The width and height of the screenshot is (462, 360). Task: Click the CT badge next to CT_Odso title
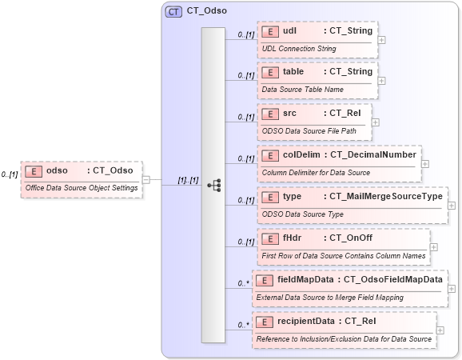[x=173, y=12]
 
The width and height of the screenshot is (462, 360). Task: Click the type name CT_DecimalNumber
[x=372, y=154]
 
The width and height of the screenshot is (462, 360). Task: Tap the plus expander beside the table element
[x=382, y=80]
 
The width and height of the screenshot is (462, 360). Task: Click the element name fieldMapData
[x=306, y=279]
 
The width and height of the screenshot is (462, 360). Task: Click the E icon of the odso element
[x=34, y=170]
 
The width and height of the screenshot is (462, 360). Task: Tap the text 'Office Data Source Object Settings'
[x=82, y=188]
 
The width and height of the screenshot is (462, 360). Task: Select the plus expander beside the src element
[x=376, y=122]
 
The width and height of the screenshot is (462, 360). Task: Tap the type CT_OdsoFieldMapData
[x=392, y=279]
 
